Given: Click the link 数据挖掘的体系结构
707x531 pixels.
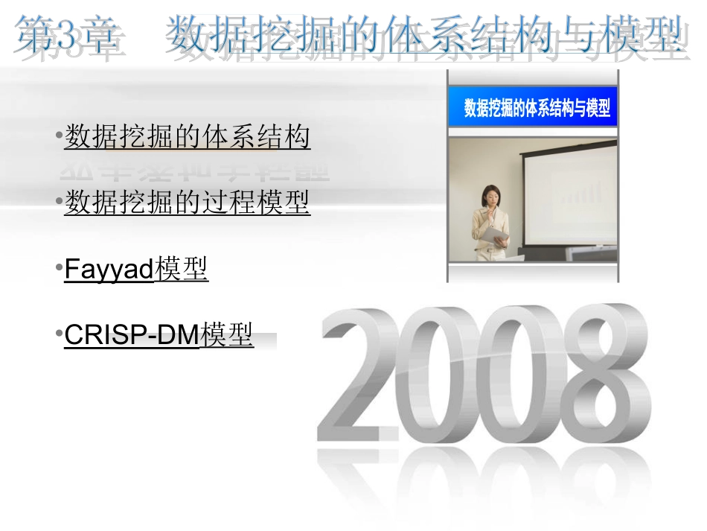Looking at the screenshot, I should pyautogui.click(x=187, y=138).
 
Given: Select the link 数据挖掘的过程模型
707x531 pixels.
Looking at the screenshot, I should pyautogui.click(x=187, y=202).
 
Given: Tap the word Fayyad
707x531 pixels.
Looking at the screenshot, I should pyautogui.click(x=109, y=269).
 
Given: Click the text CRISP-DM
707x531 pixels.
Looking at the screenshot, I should pyautogui.click(x=132, y=335).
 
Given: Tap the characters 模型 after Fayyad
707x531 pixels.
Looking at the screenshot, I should pyautogui.click(x=182, y=269).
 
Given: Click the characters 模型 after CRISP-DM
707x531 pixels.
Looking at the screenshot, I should pyautogui.click(x=227, y=335).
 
